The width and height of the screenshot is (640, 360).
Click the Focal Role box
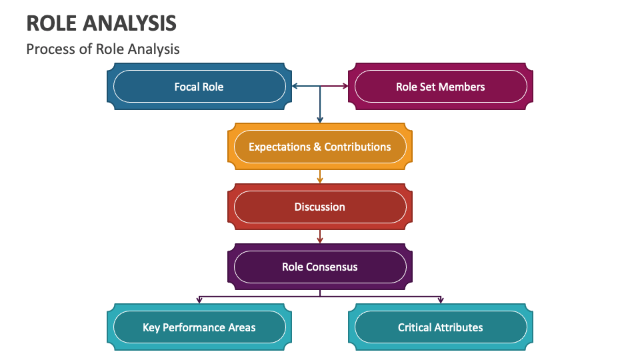click(x=199, y=87)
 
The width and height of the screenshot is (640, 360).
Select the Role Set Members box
click(x=441, y=87)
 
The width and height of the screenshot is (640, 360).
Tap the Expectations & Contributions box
click(x=320, y=147)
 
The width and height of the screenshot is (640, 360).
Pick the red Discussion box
click(x=320, y=207)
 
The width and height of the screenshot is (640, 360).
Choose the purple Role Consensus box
click(x=320, y=267)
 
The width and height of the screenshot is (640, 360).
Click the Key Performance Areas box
click(x=199, y=327)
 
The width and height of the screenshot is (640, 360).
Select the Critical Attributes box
click(x=441, y=327)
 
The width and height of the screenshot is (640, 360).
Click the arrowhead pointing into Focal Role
click(x=295, y=86)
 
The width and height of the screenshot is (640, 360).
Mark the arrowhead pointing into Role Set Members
click(x=345, y=86)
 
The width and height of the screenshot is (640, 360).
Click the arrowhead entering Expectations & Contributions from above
click(x=320, y=120)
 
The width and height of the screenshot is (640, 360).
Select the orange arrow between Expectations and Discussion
click(x=320, y=177)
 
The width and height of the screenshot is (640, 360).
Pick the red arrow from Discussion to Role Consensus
click(x=320, y=237)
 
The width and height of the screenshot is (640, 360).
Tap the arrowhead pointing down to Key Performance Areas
click(x=199, y=300)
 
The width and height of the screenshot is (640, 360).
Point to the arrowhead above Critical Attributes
click(x=441, y=300)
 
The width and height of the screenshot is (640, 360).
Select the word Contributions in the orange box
click(x=357, y=147)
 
